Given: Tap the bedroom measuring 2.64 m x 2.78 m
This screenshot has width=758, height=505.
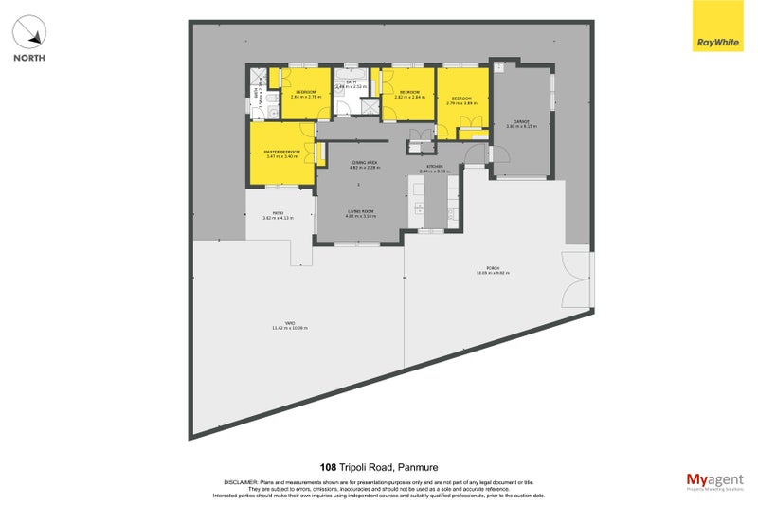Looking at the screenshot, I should click(x=305, y=95).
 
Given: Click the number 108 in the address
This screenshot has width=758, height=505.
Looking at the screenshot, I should click(x=328, y=467).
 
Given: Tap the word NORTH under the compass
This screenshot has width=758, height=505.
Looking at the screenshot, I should click(x=29, y=58).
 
